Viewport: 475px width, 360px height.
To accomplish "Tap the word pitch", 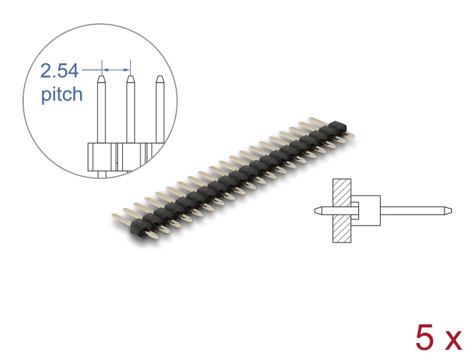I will [62, 94].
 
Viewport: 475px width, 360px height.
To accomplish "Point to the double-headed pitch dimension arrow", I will [115, 69].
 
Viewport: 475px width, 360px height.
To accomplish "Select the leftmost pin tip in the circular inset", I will [100, 79].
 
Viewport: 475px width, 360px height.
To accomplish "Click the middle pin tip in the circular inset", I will [130, 79].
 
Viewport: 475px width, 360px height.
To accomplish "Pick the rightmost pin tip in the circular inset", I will [160, 79].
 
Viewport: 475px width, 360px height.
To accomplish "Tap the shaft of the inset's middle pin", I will [130, 112].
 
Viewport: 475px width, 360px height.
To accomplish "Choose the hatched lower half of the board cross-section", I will [341, 229].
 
